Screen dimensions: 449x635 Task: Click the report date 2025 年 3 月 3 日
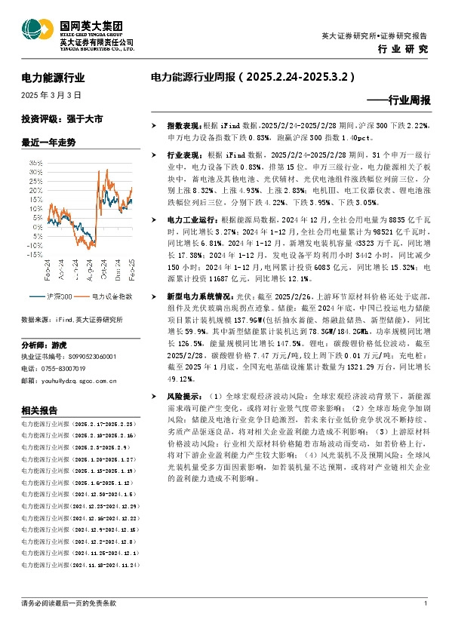pos(51,96)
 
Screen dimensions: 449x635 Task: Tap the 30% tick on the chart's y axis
pos(36,171)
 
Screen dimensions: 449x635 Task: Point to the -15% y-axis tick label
pos(35,255)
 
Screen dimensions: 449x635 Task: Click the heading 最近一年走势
pos(49,142)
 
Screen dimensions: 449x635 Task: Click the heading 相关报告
pos(40,410)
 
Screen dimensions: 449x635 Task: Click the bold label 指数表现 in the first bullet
pos(182,124)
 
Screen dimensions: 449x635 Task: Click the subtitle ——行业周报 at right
pos(398,100)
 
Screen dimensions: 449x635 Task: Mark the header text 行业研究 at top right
pos(402,49)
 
